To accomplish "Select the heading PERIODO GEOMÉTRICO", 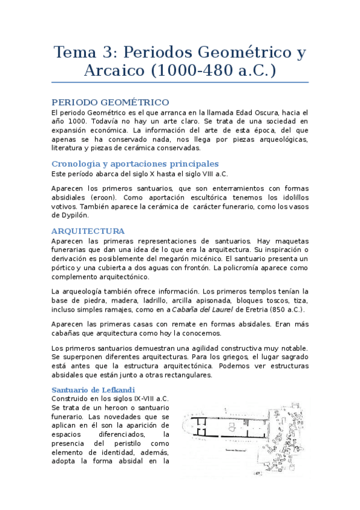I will pyautogui.click(x=110, y=102).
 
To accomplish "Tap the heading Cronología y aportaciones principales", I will pyautogui.click(x=135, y=164).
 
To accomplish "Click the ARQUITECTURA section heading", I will pyautogui.click(x=88, y=231).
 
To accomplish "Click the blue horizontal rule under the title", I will pyautogui.click(x=180, y=82).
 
